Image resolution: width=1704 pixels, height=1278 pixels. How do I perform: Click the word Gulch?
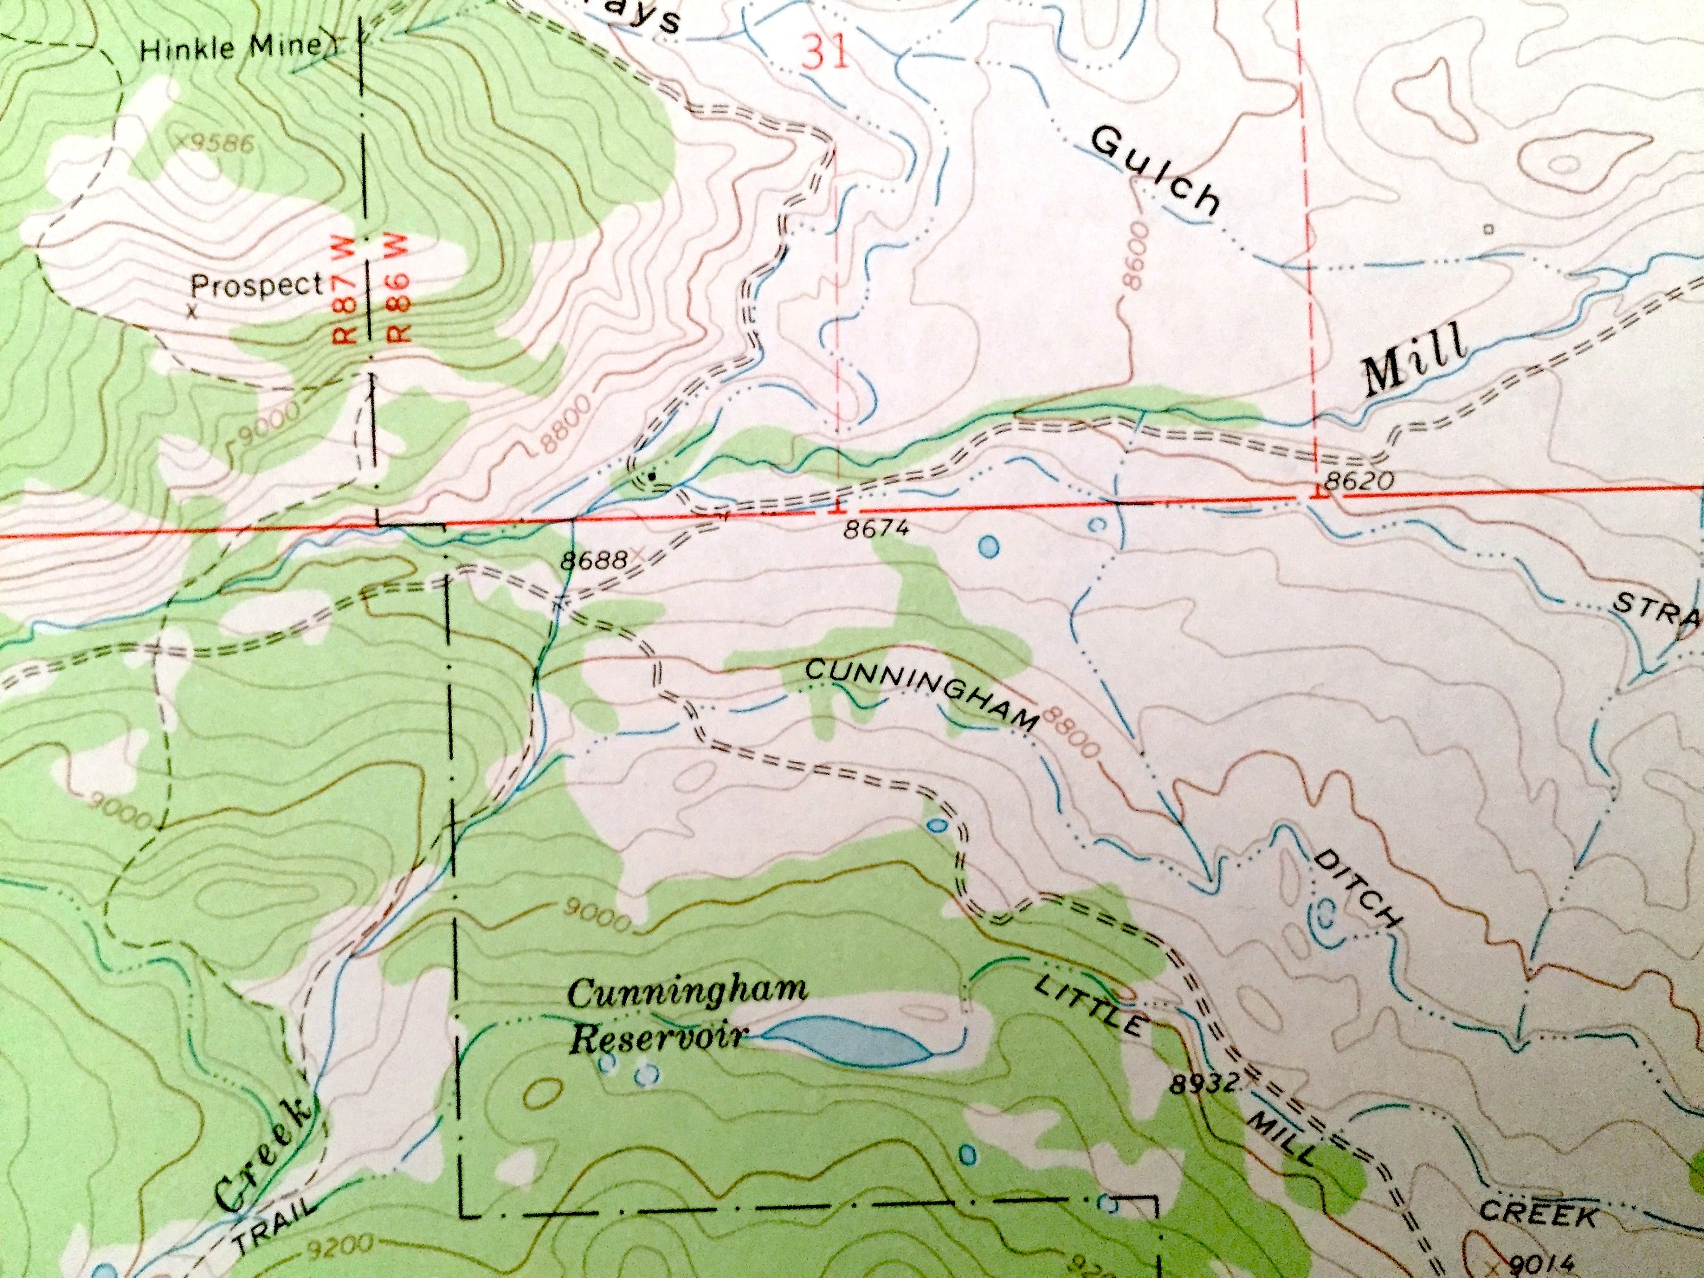(x=1155, y=170)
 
